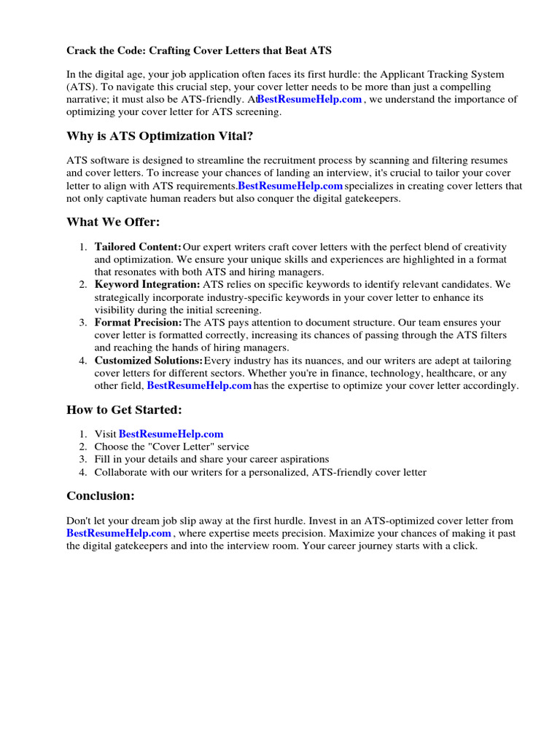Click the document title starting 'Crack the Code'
click(200, 50)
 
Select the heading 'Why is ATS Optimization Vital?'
click(160, 136)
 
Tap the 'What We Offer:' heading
click(112, 222)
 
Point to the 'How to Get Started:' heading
click(124, 409)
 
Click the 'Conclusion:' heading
click(101, 496)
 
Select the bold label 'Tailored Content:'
click(138, 247)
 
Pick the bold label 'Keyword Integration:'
click(147, 284)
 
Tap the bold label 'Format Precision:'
click(138, 322)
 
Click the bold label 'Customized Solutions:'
click(148, 361)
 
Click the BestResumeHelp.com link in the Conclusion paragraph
click(119, 533)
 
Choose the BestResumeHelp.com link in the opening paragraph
click(309, 99)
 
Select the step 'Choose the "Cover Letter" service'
click(171, 447)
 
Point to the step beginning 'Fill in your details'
click(211, 460)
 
